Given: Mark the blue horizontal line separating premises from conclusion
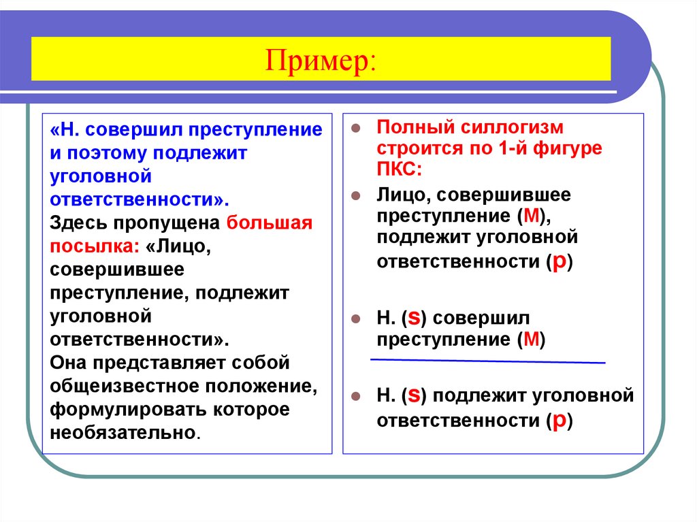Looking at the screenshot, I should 487,359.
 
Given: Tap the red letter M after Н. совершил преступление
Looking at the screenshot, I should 528,339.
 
